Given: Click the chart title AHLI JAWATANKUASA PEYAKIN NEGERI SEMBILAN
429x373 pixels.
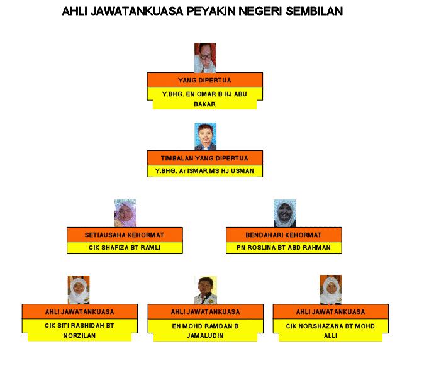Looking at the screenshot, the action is (x=203, y=11).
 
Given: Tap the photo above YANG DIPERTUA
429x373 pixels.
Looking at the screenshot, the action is (x=204, y=57).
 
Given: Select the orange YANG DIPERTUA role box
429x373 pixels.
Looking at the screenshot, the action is (x=204, y=80).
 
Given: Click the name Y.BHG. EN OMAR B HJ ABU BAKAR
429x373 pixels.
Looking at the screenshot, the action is (x=204, y=99).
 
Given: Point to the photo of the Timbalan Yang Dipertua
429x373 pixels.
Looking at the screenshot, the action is (x=205, y=136).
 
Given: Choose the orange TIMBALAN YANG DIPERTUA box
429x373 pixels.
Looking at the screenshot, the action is (x=204, y=158).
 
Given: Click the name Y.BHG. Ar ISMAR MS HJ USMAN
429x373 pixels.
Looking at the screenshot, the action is (x=204, y=170).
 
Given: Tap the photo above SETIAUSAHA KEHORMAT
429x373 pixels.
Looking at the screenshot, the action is (x=125, y=213).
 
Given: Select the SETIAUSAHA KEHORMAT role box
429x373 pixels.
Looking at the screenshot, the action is (x=125, y=235).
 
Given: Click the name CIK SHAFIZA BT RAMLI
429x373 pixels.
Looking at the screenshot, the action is (x=125, y=247).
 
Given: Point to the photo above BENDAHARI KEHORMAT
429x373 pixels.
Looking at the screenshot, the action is (x=284, y=213).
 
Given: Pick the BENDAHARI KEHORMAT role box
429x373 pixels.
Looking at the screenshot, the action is (x=284, y=235).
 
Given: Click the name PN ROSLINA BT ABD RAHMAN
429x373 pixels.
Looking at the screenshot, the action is (x=284, y=247).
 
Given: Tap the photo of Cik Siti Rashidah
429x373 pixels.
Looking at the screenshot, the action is (x=79, y=289).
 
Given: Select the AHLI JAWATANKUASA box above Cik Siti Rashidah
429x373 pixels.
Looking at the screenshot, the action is (x=79, y=311).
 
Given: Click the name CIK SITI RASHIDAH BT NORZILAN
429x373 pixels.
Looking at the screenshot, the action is (x=79, y=330).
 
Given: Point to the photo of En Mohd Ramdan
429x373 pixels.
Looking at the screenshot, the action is (x=205, y=289).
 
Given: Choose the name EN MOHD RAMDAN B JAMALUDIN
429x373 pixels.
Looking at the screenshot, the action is (x=205, y=330).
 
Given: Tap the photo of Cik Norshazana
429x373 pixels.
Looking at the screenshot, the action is (x=330, y=289).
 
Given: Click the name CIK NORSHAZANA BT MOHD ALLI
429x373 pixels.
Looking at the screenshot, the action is (x=330, y=330).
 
